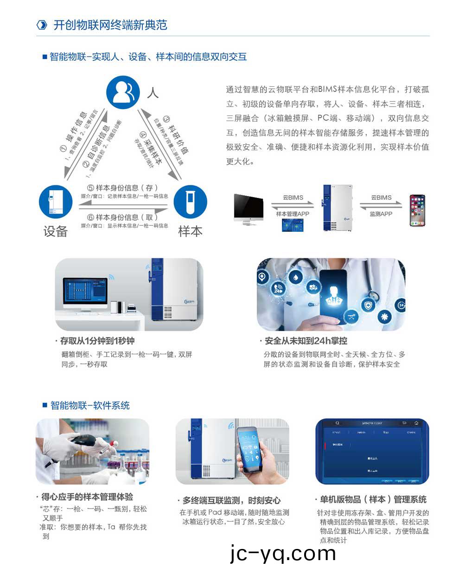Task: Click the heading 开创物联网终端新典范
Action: [110, 25]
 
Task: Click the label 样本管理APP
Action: [293, 214]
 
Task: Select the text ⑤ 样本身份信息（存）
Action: [123, 188]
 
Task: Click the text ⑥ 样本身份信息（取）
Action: [123, 217]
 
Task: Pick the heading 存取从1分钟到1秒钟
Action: [97, 341]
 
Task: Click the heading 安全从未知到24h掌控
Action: [306, 341]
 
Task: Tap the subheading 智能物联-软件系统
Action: [90, 406]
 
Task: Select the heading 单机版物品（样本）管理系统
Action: [373, 499]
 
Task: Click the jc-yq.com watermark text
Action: [283, 553]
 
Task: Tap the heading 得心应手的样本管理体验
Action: [87, 497]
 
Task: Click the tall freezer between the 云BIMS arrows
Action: [337, 207]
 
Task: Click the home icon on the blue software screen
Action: [416, 423]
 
